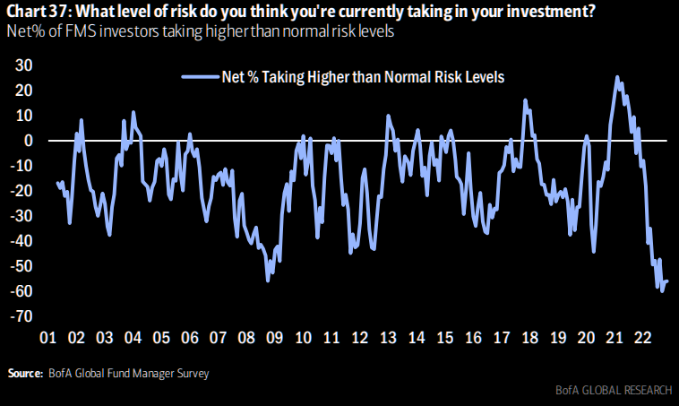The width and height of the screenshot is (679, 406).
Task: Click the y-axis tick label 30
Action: pos(25,65)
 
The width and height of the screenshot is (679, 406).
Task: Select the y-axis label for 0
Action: pos(29,141)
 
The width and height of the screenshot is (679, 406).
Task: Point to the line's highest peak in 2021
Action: pos(617,77)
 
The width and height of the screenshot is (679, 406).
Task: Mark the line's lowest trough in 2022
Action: pos(662,290)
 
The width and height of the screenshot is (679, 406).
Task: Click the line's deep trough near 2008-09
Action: pos(267,281)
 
